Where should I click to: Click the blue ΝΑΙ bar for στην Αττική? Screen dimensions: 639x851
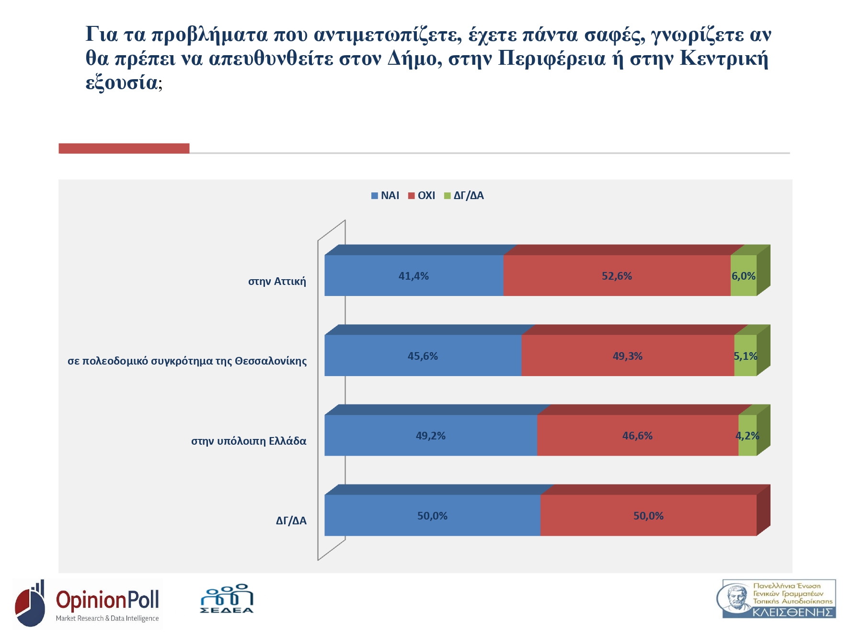pos(414,275)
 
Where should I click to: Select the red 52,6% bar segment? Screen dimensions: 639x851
pos(617,275)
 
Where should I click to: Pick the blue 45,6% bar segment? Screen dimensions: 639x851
pos(423,355)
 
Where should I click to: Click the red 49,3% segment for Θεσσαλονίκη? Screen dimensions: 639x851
pos(627,355)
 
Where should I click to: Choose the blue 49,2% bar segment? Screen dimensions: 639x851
pos(430,435)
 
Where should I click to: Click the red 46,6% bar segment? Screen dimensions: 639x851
pos(637,435)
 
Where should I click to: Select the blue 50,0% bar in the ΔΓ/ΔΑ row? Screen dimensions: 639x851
pos(432,515)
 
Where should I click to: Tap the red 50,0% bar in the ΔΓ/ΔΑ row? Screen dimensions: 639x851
pos(648,515)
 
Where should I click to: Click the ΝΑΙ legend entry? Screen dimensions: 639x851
pos(385,195)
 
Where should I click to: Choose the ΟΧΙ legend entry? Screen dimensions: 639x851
pos(422,195)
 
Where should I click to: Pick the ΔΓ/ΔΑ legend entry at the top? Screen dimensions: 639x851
pos(464,195)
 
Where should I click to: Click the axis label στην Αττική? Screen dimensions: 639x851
pos(277,281)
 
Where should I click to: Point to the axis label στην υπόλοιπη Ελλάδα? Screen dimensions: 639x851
pos(249,441)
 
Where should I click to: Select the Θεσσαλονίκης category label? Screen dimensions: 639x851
pos(187,361)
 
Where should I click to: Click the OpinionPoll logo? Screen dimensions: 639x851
pos(88,603)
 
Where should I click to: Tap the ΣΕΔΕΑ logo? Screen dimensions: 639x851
pos(227,599)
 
